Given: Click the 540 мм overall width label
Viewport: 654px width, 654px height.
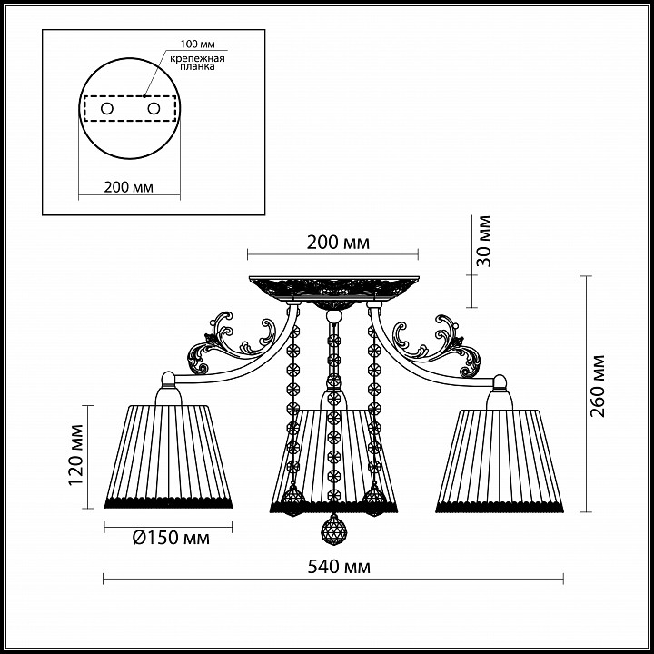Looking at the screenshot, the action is [339, 567].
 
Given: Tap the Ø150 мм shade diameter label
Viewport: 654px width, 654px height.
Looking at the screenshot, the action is [171, 538].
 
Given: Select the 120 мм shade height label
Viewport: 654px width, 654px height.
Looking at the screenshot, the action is [76, 455].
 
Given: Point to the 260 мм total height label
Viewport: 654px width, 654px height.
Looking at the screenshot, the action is [598, 386].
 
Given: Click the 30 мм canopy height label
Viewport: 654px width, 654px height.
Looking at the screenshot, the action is [484, 241].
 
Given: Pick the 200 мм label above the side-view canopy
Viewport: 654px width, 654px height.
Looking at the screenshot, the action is [338, 243].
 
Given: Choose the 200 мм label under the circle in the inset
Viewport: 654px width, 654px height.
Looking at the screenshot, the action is [128, 187].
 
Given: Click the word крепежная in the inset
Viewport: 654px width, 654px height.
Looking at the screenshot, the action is [197, 58].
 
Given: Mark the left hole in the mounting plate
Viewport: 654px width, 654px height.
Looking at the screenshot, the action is [107, 109].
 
